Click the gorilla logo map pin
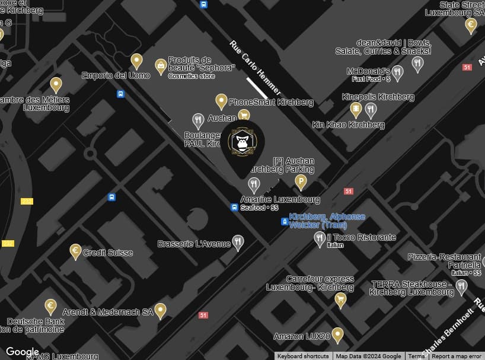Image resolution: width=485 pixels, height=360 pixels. tap(242, 143)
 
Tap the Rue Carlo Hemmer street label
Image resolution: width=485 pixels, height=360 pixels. tap(254, 69)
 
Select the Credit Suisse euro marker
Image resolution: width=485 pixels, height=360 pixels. tap(75, 251)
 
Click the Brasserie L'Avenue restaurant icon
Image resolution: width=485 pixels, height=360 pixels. tap(238, 242)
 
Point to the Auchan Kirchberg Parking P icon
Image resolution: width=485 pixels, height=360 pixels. tap(301, 182)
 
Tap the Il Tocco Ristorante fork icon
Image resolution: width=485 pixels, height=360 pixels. tap(320, 238)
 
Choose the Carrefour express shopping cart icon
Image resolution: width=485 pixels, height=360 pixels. tap(340, 300)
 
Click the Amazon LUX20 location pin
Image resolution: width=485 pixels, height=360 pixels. tap(337, 335)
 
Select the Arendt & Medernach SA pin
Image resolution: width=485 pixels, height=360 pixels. tap(160, 310)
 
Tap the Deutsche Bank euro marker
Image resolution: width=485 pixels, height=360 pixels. tap(51, 307)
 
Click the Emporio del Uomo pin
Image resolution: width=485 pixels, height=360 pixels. tap(137, 61)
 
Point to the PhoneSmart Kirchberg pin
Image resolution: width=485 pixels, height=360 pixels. tap(221, 101)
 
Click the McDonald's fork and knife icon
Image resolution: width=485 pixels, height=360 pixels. tap(398, 73)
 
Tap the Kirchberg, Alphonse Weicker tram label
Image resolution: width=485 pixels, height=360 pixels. tap(327, 221)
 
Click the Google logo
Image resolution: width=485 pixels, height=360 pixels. tap(23, 352)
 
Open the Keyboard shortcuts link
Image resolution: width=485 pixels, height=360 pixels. tap(303, 356)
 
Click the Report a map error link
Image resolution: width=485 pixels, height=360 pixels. tap(456, 356)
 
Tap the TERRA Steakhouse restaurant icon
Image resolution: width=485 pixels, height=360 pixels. tap(461, 286)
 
